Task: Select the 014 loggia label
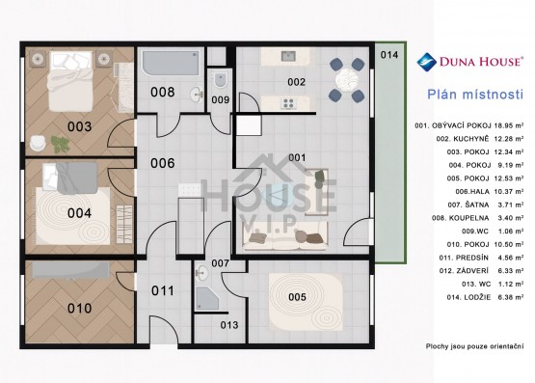tap(388, 56)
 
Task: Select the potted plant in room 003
tap(60, 145)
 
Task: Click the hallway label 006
tap(162, 163)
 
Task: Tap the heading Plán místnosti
tap(474, 95)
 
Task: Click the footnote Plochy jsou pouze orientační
tap(471, 345)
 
